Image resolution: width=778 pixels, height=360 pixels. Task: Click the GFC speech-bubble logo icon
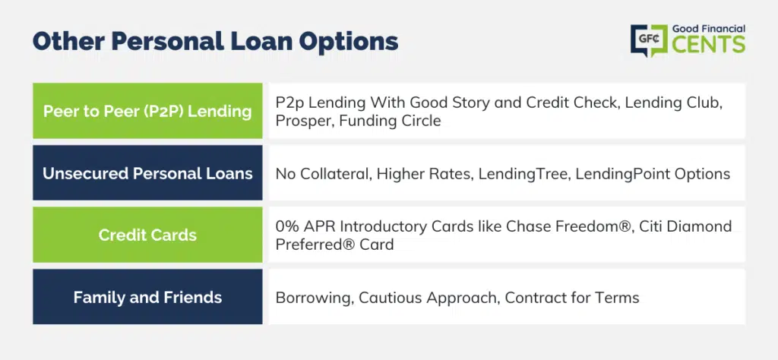click(649, 40)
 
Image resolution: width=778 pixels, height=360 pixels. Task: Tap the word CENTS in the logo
click(709, 45)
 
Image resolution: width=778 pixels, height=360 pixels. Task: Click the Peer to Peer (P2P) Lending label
click(147, 111)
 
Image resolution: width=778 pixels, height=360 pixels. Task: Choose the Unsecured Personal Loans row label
click(147, 173)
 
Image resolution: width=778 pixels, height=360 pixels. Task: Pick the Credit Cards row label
click(147, 235)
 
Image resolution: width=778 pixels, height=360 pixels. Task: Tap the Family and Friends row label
click(147, 297)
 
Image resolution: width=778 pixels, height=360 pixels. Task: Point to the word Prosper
click(303, 121)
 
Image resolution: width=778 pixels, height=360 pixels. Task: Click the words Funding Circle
click(390, 120)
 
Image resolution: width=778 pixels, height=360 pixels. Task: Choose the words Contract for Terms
click(572, 298)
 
